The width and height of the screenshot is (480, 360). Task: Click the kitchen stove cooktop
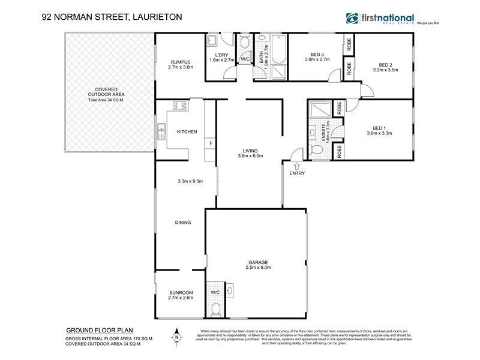(179, 106)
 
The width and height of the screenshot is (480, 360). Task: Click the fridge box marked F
(210, 143)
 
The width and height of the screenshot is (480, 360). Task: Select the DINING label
(183, 223)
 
